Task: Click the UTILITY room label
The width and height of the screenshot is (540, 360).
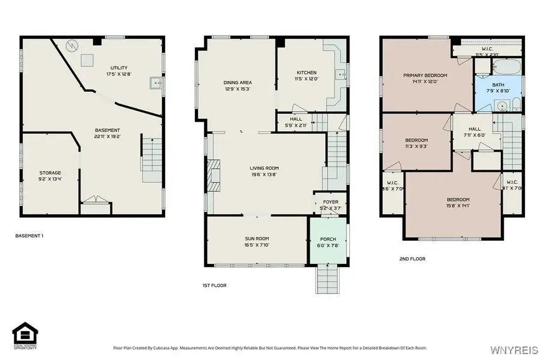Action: (118, 68)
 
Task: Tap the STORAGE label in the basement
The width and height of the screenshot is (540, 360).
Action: (50, 173)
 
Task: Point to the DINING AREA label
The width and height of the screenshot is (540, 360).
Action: (238, 82)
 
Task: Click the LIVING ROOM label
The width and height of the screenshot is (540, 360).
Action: (264, 168)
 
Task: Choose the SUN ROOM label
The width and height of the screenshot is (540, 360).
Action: (257, 238)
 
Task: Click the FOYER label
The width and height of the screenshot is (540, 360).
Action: (331, 202)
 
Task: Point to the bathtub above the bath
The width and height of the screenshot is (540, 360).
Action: (499, 65)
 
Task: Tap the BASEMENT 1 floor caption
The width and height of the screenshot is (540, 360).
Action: (29, 236)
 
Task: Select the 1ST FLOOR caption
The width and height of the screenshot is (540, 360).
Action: (214, 286)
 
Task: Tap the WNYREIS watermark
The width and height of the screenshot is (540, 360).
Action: (510, 349)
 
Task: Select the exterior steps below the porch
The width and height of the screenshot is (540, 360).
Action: (328, 279)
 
